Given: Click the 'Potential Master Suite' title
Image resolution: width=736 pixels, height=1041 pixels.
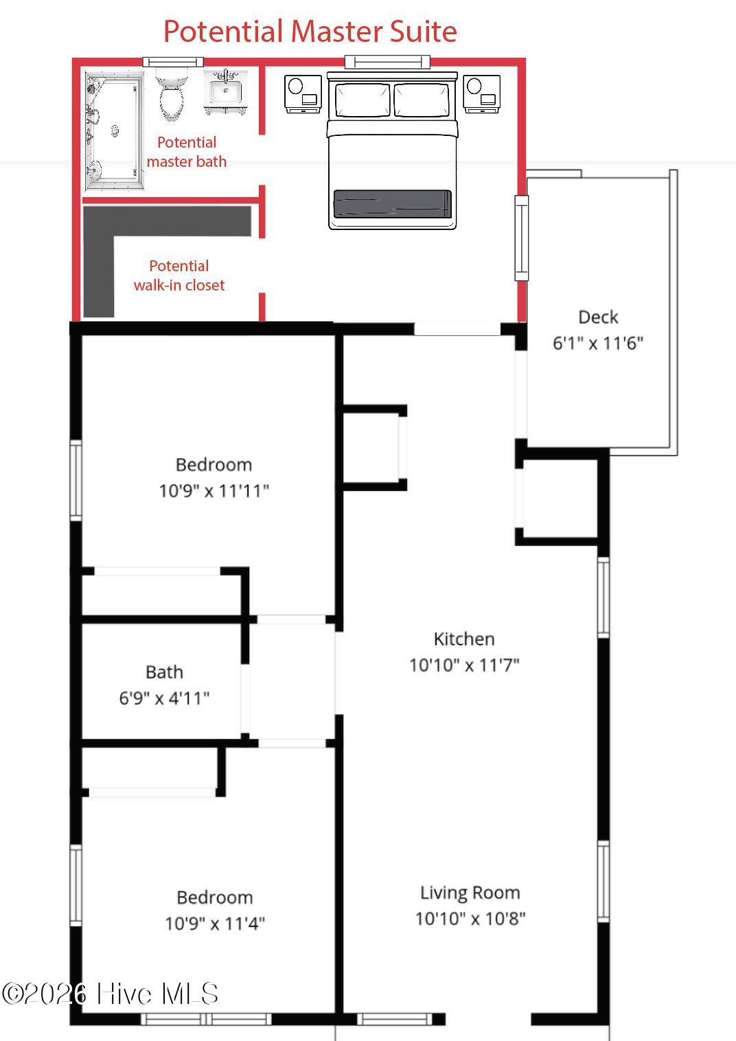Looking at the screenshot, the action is click(x=310, y=32).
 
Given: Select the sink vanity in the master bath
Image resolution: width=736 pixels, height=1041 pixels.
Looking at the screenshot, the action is click(x=225, y=92).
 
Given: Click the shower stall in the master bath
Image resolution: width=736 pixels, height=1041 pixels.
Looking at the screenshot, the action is click(x=114, y=130).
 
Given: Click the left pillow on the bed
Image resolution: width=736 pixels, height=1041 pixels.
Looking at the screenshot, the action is click(x=363, y=100).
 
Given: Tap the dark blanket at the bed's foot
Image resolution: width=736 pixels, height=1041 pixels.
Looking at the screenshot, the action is click(x=393, y=203).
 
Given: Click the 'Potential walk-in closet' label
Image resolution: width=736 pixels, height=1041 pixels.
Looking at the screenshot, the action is click(x=179, y=275).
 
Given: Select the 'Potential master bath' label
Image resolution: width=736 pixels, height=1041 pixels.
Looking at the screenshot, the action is click(x=187, y=152).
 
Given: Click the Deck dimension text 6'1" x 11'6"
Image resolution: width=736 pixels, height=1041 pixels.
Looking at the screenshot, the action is click(x=598, y=343).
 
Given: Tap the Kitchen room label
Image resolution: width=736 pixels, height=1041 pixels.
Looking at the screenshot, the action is click(x=464, y=639).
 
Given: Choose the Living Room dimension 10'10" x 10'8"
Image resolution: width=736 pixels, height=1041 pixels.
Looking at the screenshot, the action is click(x=470, y=919).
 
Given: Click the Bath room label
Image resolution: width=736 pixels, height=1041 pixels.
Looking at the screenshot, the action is click(x=165, y=672).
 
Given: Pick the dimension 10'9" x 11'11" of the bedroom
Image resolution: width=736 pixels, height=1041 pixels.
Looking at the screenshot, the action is click(x=214, y=491).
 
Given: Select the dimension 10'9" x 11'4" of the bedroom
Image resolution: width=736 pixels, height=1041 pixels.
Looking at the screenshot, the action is click(x=215, y=924).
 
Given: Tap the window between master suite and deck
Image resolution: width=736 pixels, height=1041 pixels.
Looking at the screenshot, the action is click(x=522, y=238).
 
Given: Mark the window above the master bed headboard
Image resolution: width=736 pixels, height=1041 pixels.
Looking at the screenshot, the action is click(x=387, y=61).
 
